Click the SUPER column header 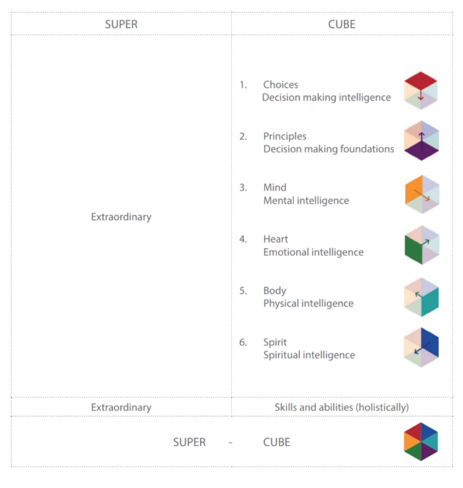(121, 24)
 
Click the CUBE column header (342, 24)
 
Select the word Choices (280, 85)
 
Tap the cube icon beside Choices (421, 90)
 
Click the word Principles (284, 136)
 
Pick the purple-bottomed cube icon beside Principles (422, 141)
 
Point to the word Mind (275, 187)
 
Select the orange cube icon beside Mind (422, 194)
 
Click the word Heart (275, 239)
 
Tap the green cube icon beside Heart (422, 245)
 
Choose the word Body (275, 291)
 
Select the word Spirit (275, 342)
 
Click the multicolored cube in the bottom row (421, 442)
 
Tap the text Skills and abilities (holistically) (341, 407)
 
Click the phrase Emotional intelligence (313, 252)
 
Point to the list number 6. (243, 342)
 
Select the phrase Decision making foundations (328, 149)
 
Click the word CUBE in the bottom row (277, 442)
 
